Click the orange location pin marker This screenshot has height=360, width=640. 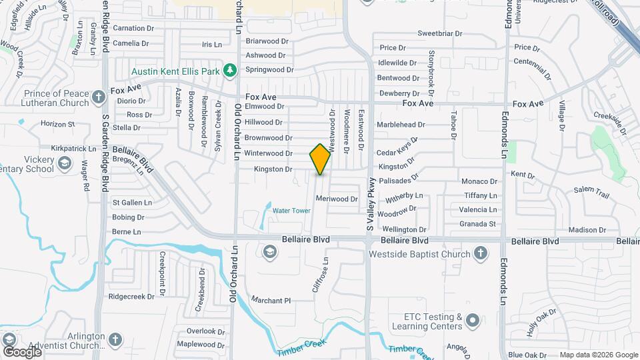pos(321,159)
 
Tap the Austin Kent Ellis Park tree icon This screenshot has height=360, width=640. pos(230,70)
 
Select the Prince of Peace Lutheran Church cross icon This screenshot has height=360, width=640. pos(99,97)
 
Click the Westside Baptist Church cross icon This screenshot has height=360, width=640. pos(480,253)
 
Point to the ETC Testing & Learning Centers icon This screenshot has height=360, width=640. pos(473,321)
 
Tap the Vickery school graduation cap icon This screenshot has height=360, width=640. pos(65,163)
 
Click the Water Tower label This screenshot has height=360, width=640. pos(291,211)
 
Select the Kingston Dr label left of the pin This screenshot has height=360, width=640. pos(273,169)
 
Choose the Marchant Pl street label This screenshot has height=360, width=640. pos(272,301)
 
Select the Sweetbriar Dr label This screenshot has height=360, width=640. pos(439,33)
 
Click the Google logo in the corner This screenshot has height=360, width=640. pos(22,351)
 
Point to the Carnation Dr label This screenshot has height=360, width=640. pos(133,28)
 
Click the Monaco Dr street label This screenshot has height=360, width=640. pos(479,181)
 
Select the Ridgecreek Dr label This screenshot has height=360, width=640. pos(131,296)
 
